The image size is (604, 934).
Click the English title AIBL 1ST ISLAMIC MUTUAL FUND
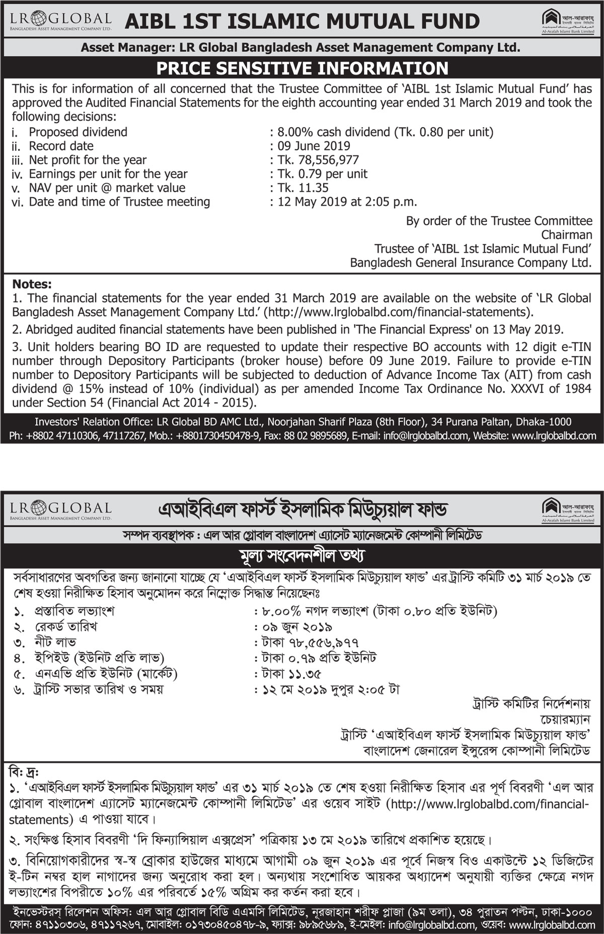pos(301,22)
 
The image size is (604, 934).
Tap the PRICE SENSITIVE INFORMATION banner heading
pos(302,68)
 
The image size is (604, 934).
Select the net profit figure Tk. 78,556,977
pos(318,160)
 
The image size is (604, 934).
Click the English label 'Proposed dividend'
pos(78,132)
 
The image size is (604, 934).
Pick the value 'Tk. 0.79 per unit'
pos(323,174)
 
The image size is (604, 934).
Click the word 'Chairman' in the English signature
pos(566,235)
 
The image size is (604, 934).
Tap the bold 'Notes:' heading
pos(32,284)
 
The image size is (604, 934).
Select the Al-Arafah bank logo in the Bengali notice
pos(568,510)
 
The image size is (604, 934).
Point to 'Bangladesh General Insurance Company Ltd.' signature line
pos(471,263)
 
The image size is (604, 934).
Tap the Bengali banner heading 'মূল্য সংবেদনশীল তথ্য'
pos(301,556)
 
